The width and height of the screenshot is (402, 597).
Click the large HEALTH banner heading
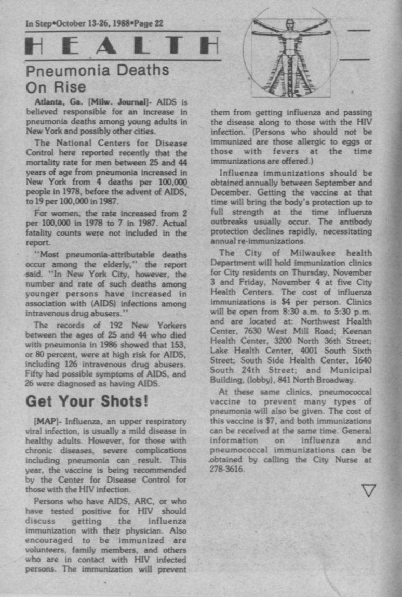tap(123, 47)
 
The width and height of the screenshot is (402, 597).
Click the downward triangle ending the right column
tap(368, 490)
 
